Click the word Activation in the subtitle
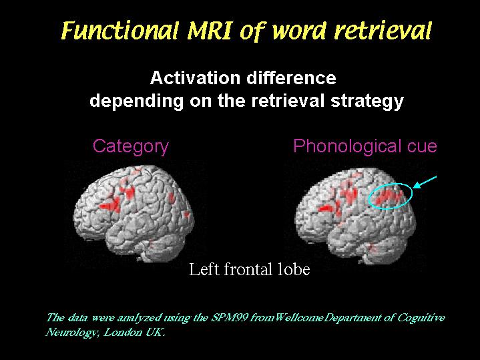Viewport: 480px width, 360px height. tap(195, 78)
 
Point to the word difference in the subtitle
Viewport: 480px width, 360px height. tap(292, 78)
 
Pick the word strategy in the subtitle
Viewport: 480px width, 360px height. tap(367, 101)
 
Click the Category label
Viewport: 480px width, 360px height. tap(131, 146)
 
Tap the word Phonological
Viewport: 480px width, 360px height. tap(347, 146)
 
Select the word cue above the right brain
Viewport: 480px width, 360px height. tap(421, 147)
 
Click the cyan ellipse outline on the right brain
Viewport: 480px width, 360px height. tap(391, 183)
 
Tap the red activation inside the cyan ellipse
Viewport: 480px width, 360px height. tap(388, 197)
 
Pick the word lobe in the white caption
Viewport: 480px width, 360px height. tap(294, 270)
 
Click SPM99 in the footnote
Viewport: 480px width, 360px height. tap(230, 318)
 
